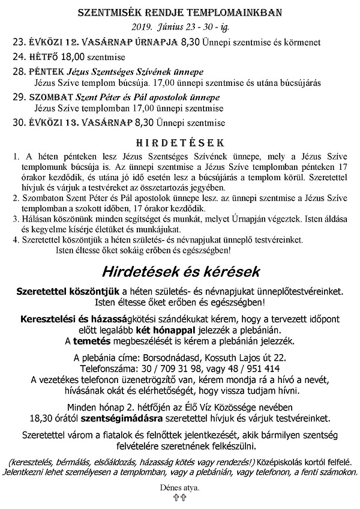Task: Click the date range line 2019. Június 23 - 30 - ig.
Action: coord(179,28)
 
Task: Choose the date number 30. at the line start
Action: coord(19,123)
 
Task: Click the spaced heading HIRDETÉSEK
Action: coord(179,142)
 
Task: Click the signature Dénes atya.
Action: coord(180,487)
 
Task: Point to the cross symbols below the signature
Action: coord(180,498)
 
